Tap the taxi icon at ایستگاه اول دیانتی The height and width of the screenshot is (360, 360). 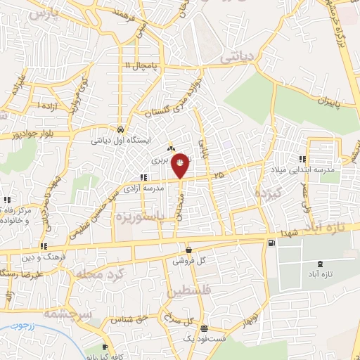pyautogui.click(x=122, y=129)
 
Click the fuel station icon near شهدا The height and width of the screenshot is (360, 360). pyautogui.click(x=271, y=243)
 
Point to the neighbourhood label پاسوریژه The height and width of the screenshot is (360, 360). pyautogui.click(x=153, y=213)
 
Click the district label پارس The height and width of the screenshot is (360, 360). pyautogui.click(x=42, y=13)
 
